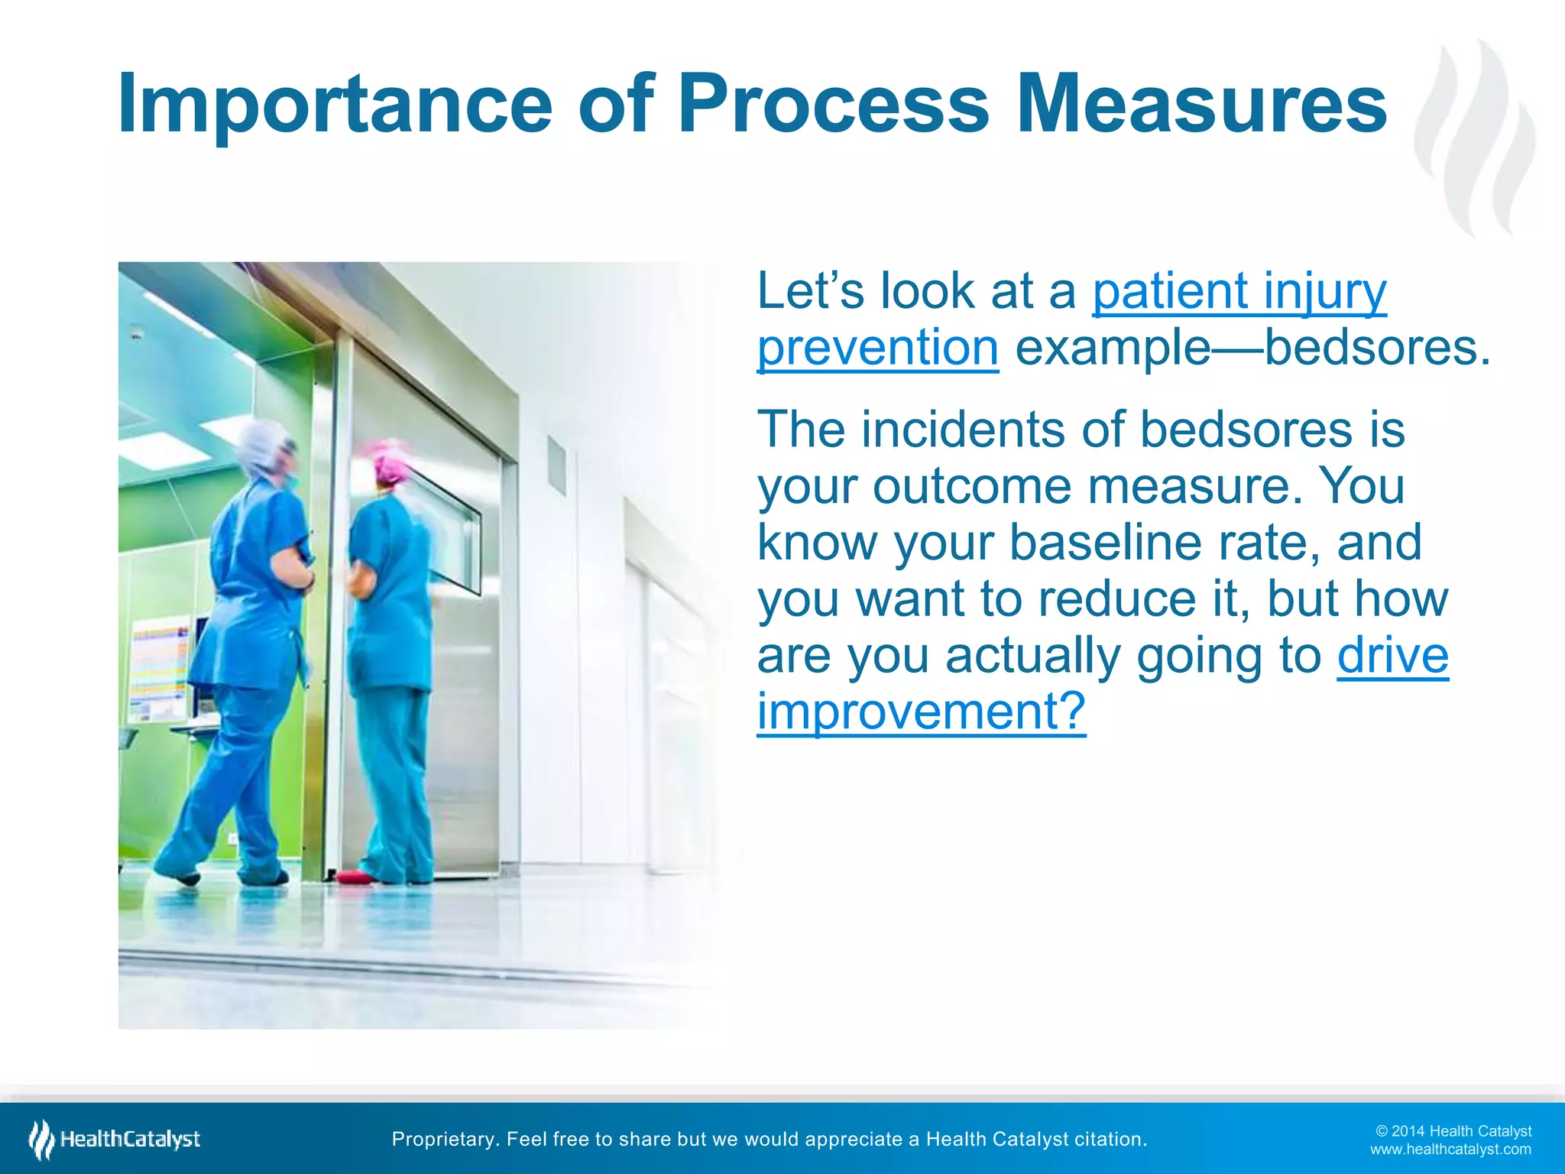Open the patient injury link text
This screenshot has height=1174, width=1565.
pos(1239,292)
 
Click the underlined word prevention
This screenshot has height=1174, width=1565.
pos(877,349)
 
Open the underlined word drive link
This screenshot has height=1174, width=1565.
pos(1392,656)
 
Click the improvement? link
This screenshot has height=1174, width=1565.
pos(921,712)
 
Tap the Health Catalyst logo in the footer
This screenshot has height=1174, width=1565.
pos(115,1140)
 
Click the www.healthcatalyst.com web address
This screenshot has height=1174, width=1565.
pos(1450,1150)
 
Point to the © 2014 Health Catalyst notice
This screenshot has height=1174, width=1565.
pos(1453,1131)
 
